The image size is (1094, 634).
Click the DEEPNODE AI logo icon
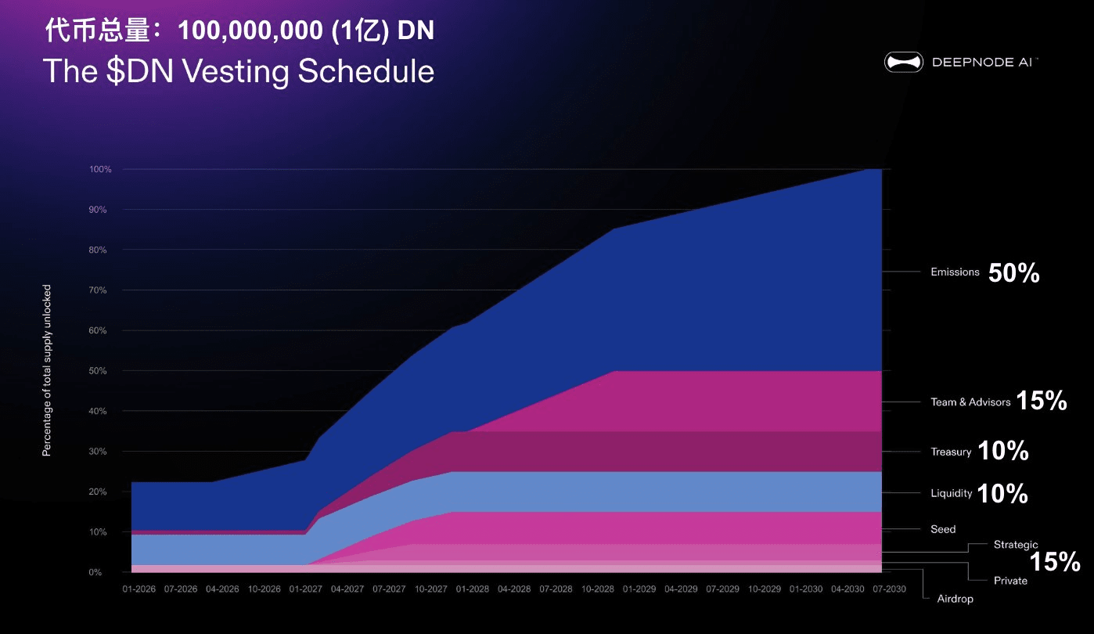pos(904,63)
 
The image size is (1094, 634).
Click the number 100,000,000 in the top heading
pos(245,31)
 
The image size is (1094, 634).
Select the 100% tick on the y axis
pos(101,169)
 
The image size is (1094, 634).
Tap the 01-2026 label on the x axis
pos(138,589)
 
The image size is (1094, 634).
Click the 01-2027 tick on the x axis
pos(306,589)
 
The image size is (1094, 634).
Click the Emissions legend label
pos(955,272)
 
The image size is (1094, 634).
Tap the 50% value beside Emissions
pos(1013,273)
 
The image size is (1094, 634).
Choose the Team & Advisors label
pos(970,402)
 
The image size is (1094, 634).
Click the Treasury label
pos(951,452)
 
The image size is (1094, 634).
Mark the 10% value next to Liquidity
pos(1002,493)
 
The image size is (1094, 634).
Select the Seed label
pos(943,529)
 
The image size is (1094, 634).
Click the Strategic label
pos(1016,545)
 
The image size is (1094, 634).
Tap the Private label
pos(1010,581)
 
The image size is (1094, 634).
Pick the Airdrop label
pos(955,599)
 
